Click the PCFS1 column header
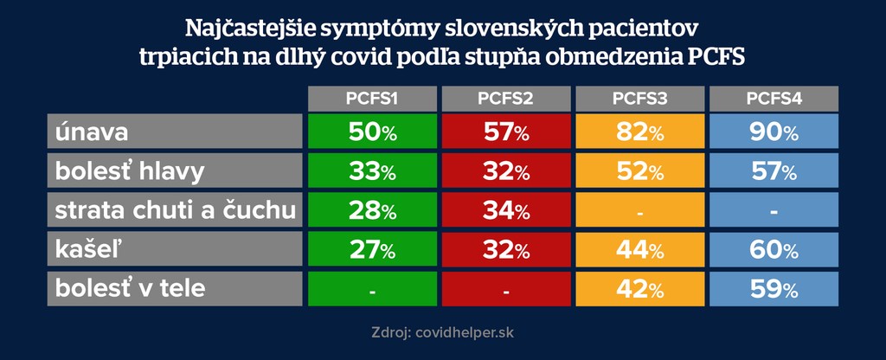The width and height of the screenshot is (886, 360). tap(372, 99)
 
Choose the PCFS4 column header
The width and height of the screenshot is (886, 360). tap(774, 99)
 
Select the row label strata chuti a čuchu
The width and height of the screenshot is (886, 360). tap(173, 210)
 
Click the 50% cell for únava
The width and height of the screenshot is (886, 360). tap(372, 132)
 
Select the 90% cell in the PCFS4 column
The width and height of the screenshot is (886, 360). tap(774, 132)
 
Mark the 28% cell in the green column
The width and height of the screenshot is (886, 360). tap(372, 210)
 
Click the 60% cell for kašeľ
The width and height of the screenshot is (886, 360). tap(774, 250)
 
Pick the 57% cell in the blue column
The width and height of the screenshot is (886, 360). tap(774, 171)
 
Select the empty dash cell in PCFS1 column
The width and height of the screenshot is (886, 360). tap(372, 289)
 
